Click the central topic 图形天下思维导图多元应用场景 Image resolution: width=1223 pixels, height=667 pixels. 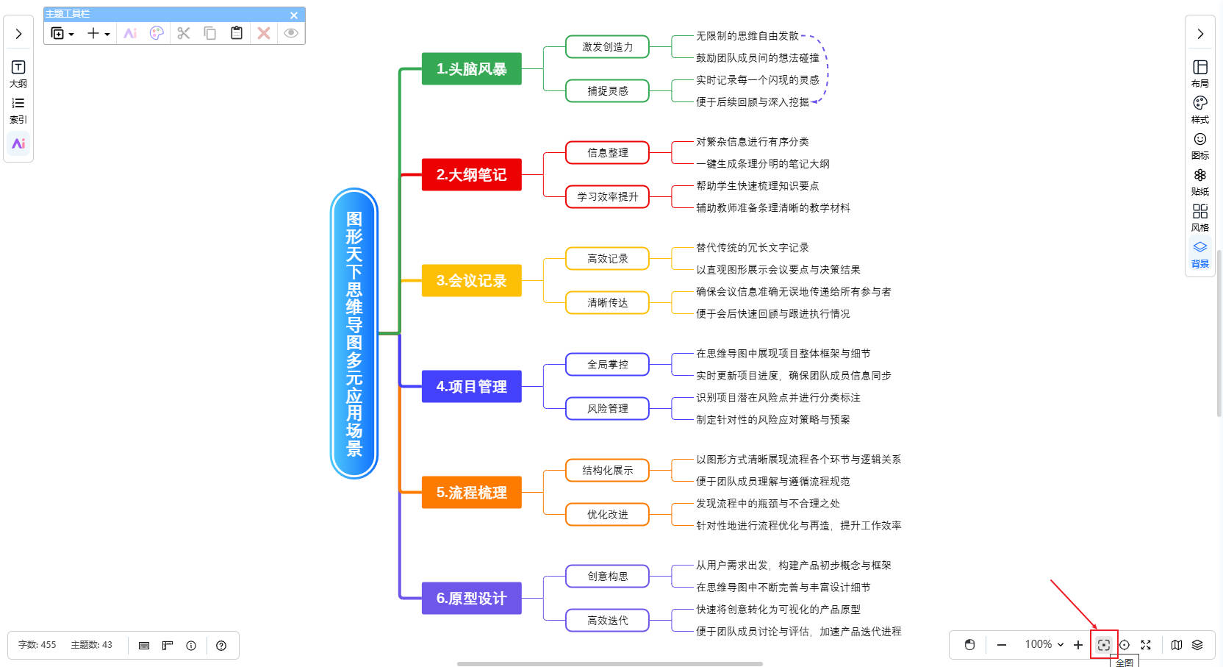(354, 333)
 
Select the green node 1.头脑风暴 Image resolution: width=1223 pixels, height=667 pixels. (471, 69)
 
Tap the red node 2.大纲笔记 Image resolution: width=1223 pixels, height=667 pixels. (471, 175)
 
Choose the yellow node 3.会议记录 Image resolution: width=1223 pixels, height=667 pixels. (471, 281)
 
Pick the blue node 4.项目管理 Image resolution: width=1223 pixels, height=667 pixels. (471, 387)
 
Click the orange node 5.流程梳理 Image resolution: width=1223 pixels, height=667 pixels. (471, 493)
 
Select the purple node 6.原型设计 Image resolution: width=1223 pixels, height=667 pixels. (471, 599)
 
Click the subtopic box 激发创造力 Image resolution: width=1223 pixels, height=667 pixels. (607, 47)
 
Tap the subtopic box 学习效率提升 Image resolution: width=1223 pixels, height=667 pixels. (607, 197)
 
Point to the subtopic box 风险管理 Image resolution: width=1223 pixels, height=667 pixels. (607, 409)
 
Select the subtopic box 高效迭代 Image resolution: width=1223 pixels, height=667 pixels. (607, 621)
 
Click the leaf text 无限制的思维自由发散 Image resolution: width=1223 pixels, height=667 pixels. (747, 36)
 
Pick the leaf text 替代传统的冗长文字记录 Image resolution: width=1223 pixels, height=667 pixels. (752, 248)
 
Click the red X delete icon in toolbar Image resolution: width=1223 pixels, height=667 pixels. (264, 33)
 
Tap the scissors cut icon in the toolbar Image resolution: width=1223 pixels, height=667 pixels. (184, 33)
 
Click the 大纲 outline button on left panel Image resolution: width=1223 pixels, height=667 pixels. (18, 74)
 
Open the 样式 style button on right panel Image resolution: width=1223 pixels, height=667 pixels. (1199, 110)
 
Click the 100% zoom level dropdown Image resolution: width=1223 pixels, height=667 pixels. (1044, 645)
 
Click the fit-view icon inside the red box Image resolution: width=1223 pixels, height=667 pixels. (1103, 645)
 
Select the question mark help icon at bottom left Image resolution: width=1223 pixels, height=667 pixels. (221, 646)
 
